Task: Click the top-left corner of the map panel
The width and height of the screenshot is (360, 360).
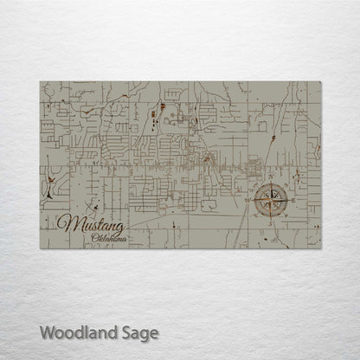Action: [40, 82]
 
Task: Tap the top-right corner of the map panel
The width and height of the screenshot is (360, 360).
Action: [321, 82]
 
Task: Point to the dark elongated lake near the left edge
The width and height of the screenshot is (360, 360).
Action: [53, 183]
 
